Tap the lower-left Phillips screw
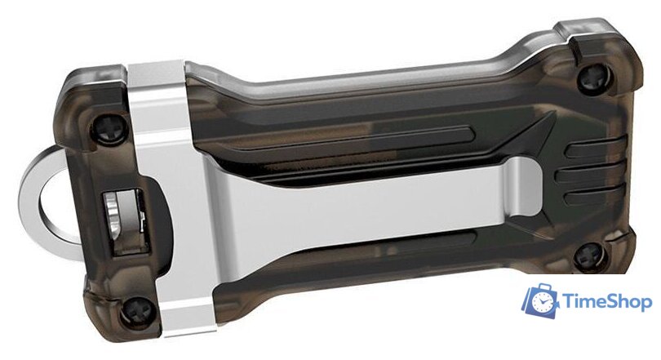[x=138, y=312]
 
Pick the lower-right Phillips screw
[x=591, y=256]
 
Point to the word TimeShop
[x=607, y=302]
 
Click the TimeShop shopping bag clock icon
[x=541, y=300]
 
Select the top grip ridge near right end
[x=594, y=149]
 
